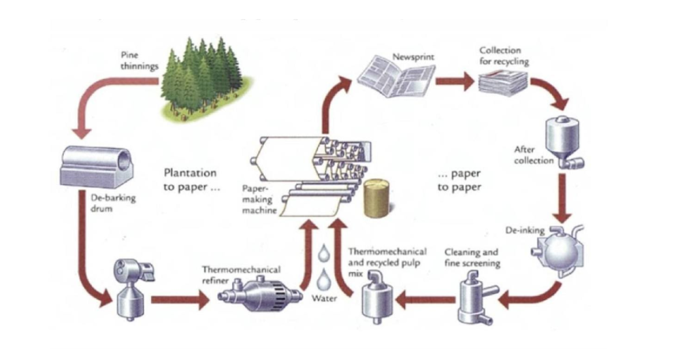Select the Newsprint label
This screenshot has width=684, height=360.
click(413, 56)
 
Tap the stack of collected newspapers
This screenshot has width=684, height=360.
click(502, 84)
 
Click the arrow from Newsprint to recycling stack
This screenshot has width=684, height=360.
click(454, 82)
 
